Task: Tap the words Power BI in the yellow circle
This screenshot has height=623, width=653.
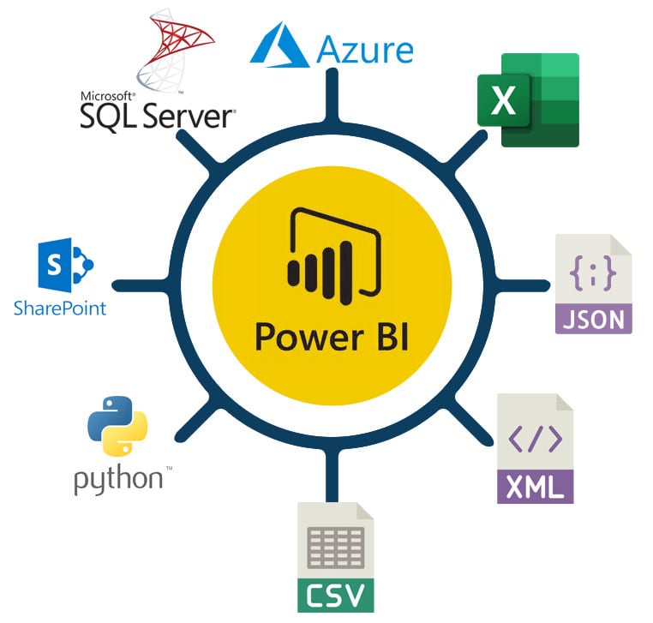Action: click(331, 336)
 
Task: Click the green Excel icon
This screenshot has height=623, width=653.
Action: click(528, 100)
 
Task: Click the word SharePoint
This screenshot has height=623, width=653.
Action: click(60, 306)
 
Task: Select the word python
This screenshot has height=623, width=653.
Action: click(117, 479)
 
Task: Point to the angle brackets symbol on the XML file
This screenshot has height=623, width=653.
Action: click(535, 439)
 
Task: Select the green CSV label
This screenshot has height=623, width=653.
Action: click(335, 594)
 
